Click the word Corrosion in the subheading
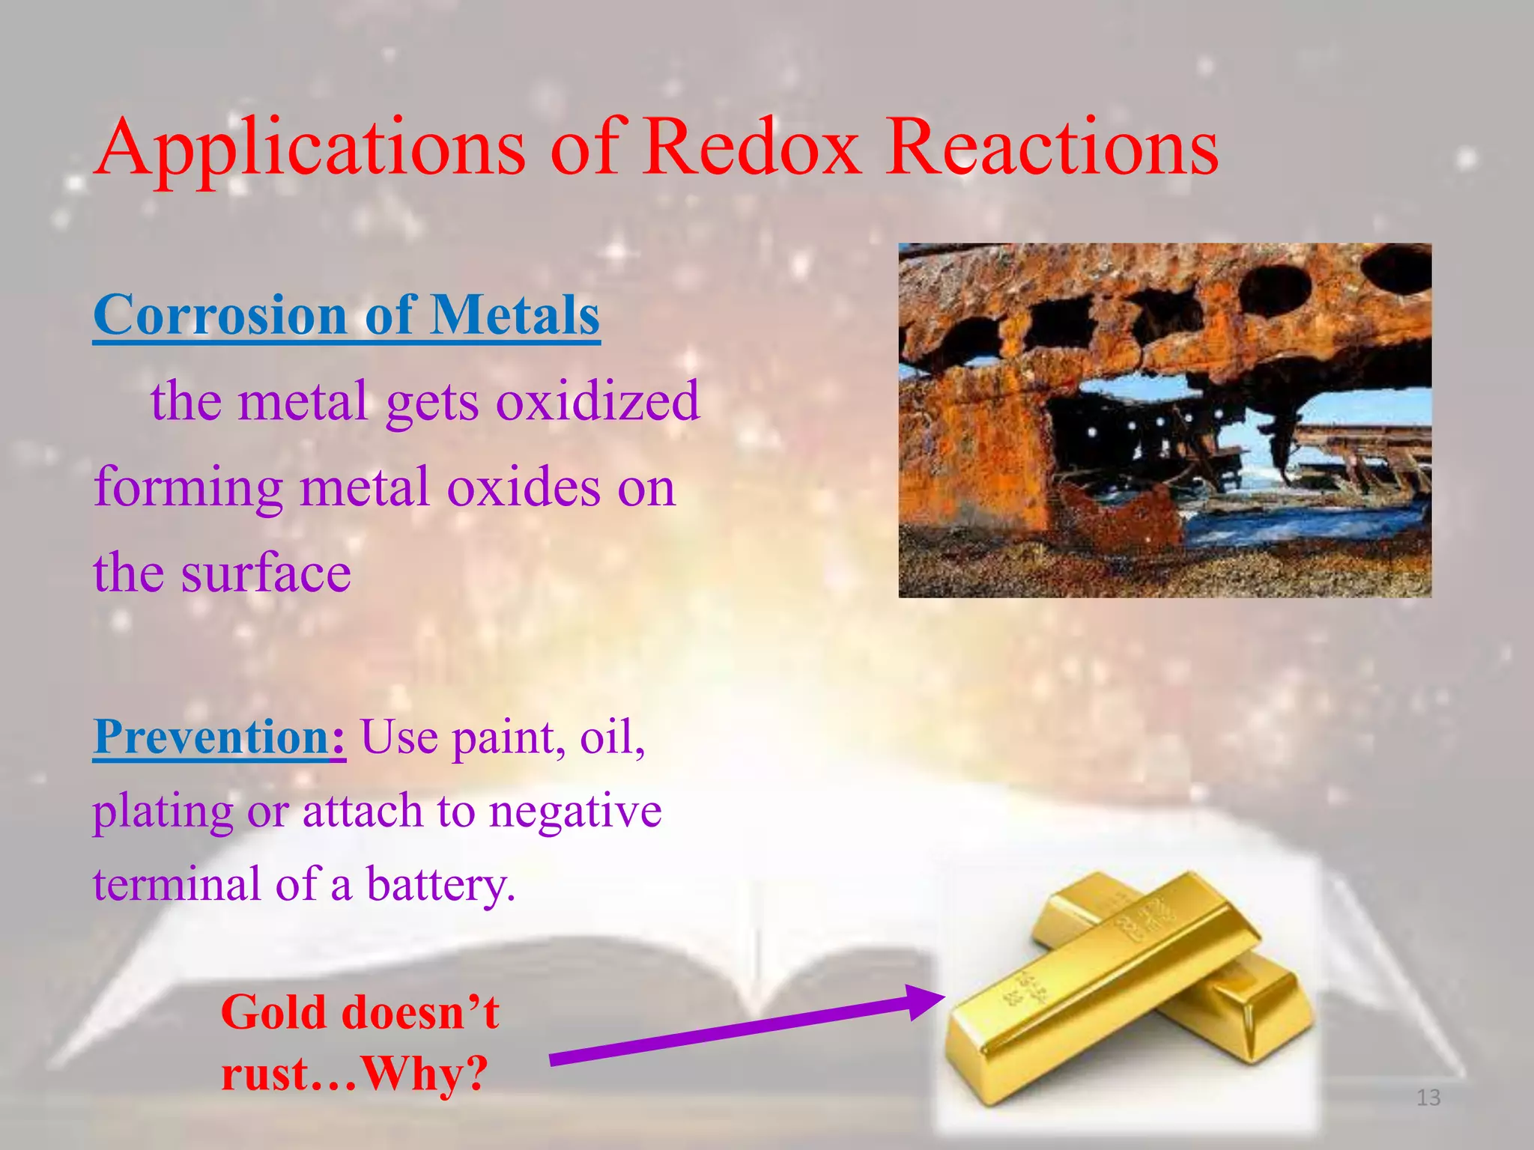coord(219,314)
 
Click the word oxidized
coord(597,401)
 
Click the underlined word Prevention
coord(212,737)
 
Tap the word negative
coord(575,811)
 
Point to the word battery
coord(440,885)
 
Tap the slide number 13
coord(1428,1098)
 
